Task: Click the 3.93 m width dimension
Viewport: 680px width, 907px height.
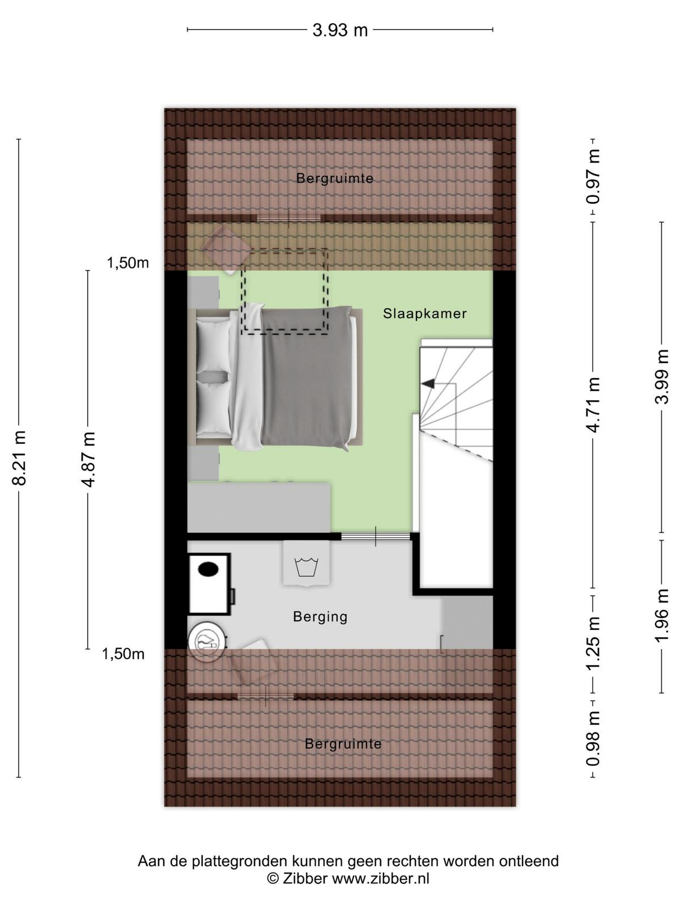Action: pos(340,30)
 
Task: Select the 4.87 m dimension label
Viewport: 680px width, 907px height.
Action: pos(89,459)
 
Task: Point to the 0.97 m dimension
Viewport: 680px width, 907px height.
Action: pos(593,176)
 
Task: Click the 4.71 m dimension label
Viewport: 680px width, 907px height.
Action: pos(593,405)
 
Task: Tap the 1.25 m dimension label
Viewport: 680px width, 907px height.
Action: pos(593,643)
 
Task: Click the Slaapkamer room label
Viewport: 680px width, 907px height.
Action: pos(425,313)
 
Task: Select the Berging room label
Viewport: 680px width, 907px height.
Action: pos(320,617)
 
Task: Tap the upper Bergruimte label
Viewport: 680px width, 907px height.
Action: pos(335,179)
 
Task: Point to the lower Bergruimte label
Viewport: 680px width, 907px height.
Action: pos(343,744)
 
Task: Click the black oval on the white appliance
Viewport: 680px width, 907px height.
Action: pos(208,569)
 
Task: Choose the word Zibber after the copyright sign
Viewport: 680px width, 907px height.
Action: pos(305,879)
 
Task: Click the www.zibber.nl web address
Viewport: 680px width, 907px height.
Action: pos(381,879)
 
